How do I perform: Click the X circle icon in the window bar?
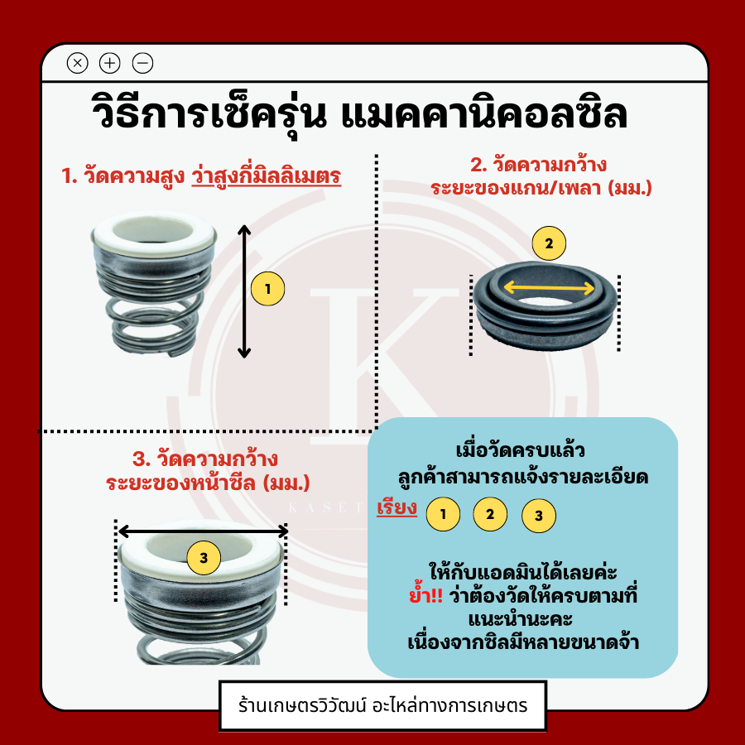tap(78, 63)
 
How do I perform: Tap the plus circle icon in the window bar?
tap(110, 63)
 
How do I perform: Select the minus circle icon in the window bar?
tap(142, 63)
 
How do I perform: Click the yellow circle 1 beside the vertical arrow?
tap(267, 289)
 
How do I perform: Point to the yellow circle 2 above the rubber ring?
tap(549, 243)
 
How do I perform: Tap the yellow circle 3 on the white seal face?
tap(204, 558)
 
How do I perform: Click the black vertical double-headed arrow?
tap(244, 291)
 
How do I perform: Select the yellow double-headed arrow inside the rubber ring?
tap(549, 287)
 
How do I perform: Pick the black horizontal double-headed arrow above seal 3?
tap(203, 531)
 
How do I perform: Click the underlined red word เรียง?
tap(397, 507)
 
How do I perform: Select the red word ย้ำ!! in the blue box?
tap(425, 595)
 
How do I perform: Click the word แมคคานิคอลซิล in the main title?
tap(484, 114)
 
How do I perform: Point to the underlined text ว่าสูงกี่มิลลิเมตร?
tap(267, 176)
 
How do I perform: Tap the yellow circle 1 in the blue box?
tap(443, 514)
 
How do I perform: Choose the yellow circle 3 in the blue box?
tap(539, 516)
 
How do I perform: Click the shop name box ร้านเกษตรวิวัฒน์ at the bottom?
tap(382, 705)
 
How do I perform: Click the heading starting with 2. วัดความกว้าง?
tap(541, 176)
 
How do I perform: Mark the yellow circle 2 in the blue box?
tap(490, 513)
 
